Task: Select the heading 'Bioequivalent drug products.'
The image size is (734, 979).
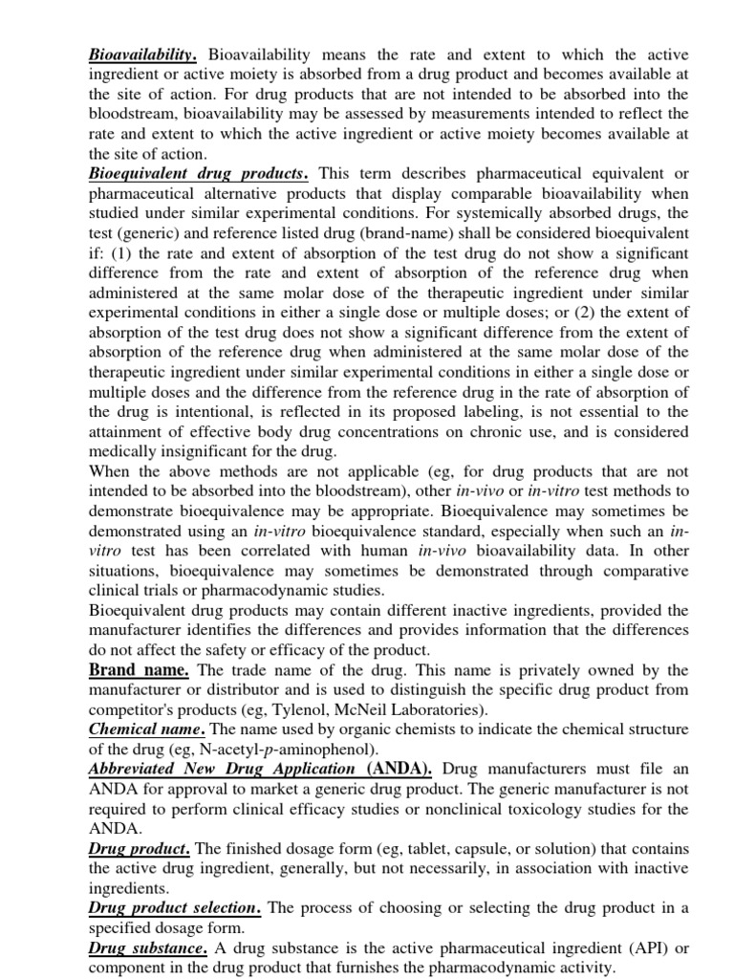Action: click(x=199, y=173)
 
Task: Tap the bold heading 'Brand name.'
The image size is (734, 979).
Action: click(x=139, y=669)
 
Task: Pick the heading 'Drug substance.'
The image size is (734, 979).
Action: click(x=148, y=947)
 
